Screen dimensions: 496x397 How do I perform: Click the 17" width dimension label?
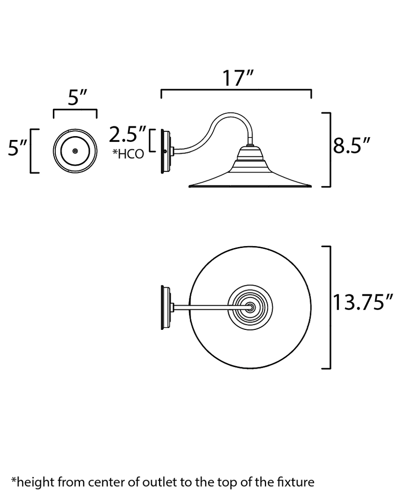(238, 78)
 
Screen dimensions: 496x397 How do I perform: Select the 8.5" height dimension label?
(352, 145)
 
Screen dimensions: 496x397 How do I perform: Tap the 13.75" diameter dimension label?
(363, 303)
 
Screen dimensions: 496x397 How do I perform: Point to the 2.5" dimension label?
(127, 134)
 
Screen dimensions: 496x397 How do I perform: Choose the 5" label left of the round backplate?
(17, 148)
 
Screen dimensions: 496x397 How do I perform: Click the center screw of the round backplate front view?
(75, 151)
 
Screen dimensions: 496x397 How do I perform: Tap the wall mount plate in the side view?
(165, 152)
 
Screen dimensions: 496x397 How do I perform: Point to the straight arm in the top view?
(208, 307)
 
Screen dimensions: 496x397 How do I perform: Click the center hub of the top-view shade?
(250, 307)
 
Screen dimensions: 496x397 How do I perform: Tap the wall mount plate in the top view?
(166, 307)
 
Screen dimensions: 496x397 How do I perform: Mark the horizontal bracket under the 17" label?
(236, 91)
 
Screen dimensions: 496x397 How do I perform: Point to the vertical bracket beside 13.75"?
(328, 307)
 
